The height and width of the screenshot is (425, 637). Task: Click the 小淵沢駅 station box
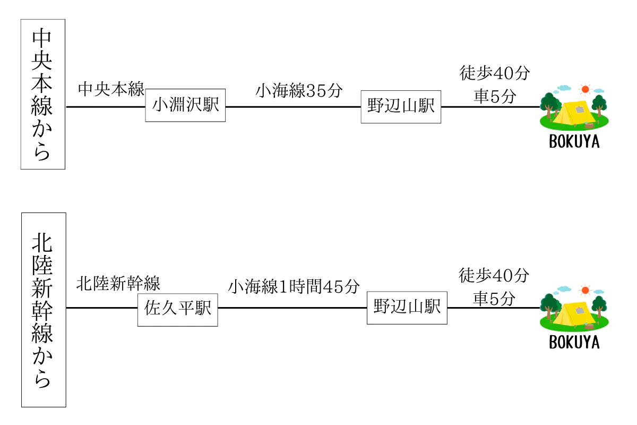[185, 105]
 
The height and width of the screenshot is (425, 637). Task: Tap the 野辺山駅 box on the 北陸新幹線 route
[407, 308]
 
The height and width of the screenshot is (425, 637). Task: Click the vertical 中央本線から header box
[42, 94]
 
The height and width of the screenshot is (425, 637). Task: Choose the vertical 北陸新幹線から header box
[43, 310]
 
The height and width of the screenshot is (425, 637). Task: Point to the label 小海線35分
[299, 90]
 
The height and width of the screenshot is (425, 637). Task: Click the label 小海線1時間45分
[294, 287]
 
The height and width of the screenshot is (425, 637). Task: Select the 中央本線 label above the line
[111, 89]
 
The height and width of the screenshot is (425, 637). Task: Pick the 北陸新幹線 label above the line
[118, 284]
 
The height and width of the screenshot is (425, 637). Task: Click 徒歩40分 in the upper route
[494, 73]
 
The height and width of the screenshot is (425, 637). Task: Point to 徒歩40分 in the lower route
[494, 276]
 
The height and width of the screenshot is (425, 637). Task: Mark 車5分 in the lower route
[494, 299]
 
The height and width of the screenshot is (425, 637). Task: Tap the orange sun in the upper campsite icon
[586, 89]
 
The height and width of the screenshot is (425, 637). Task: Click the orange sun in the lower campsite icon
[586, 290]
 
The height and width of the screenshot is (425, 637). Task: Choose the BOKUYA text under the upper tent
[574, 142]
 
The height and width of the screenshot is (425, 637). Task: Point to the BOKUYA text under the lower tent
[574, 343]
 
